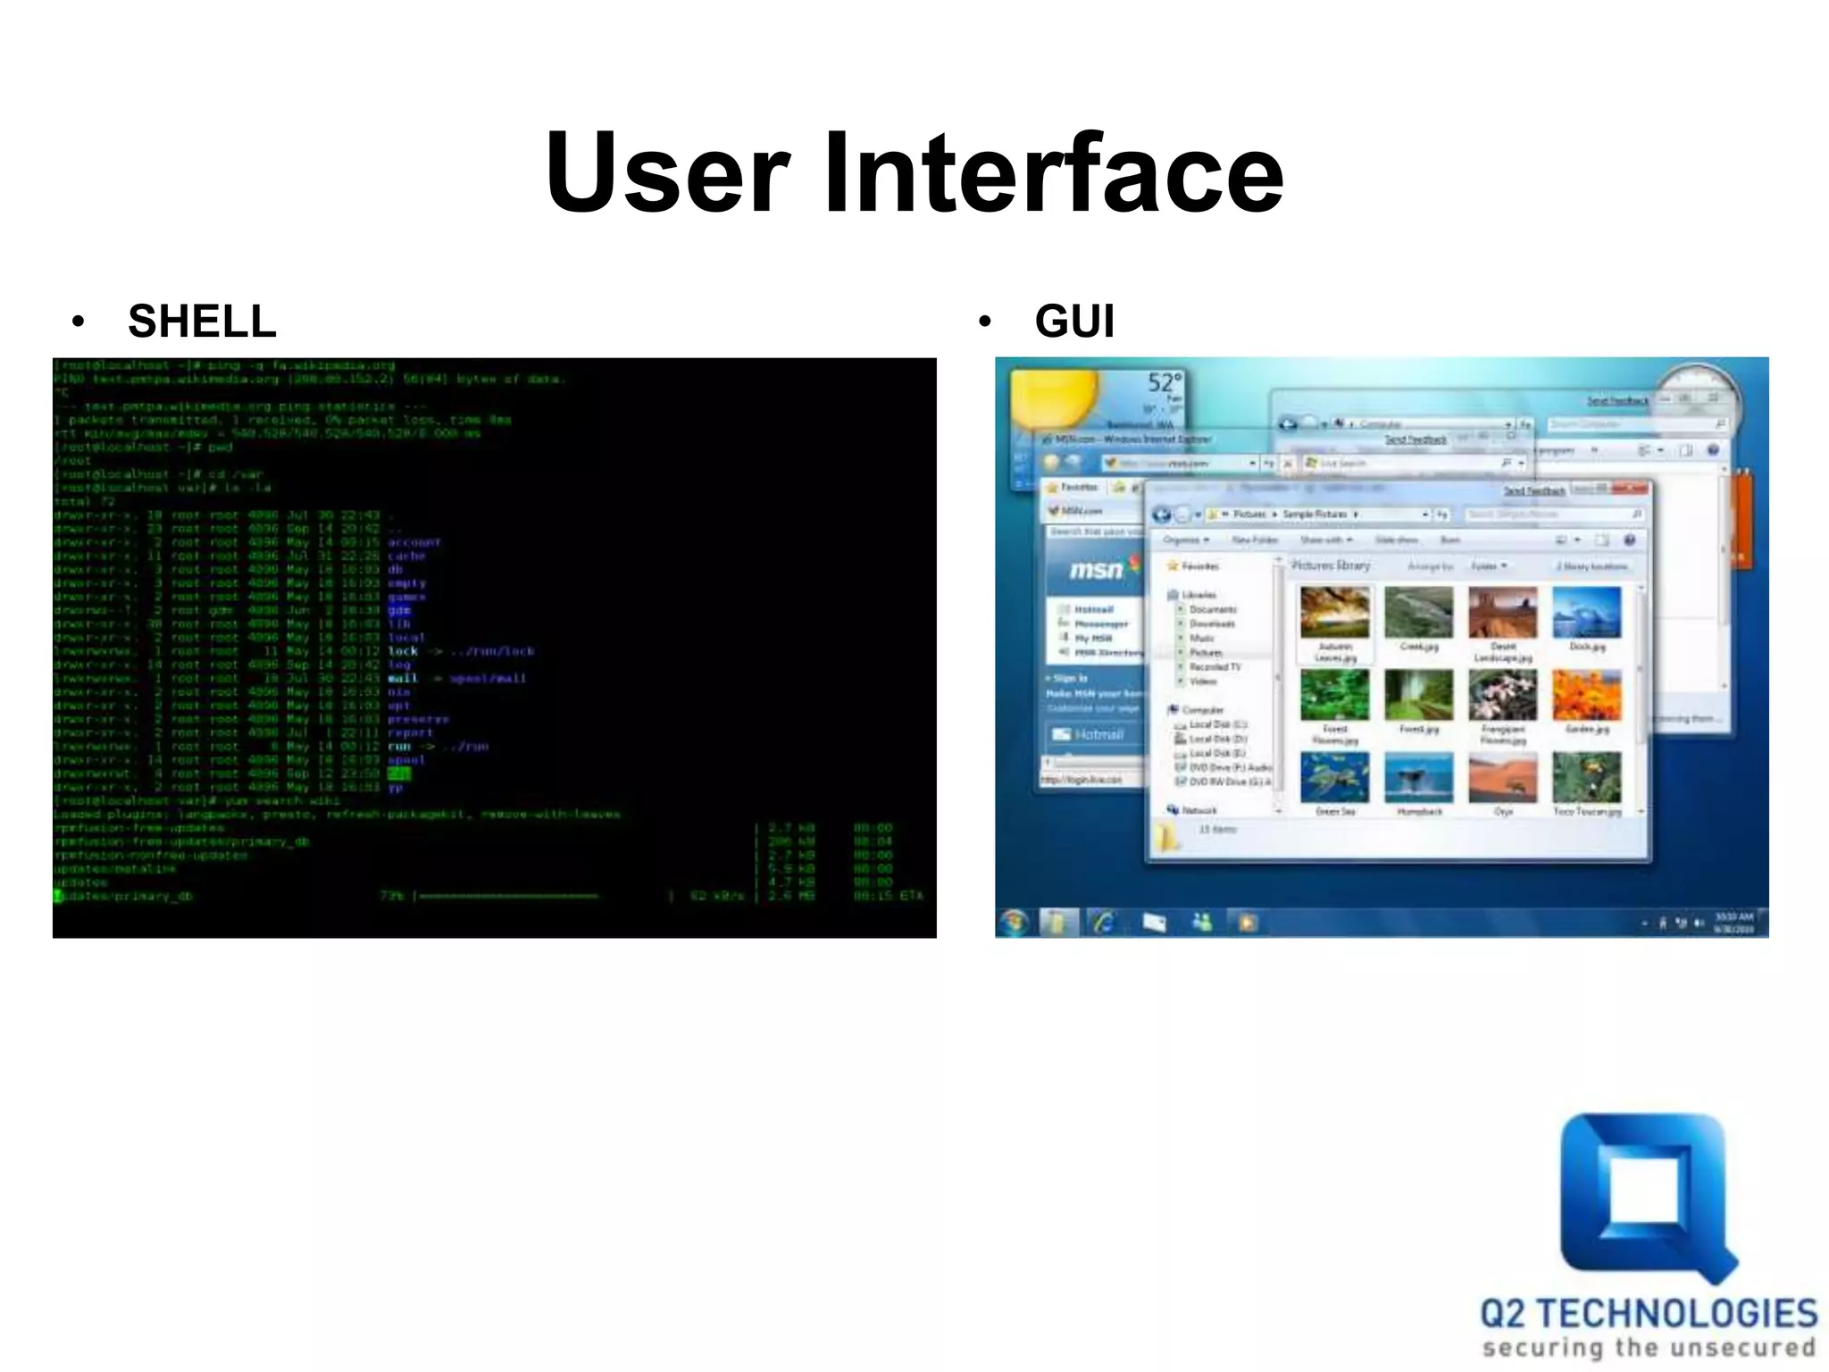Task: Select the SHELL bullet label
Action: [202, 321]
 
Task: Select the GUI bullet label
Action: [1074, 321]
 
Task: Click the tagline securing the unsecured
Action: [1649, 1347]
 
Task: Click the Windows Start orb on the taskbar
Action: [1015, 922]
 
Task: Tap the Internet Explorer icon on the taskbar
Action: [1105, 922]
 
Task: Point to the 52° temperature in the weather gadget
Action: [1164, 383]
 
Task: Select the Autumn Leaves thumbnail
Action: [1334, 612]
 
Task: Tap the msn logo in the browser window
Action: [1097, 569]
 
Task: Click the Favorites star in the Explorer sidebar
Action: [1173, 566]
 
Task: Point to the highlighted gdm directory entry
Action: [398, 610]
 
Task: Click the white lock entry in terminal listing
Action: [403, 651]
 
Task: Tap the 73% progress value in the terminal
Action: [390, 895]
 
